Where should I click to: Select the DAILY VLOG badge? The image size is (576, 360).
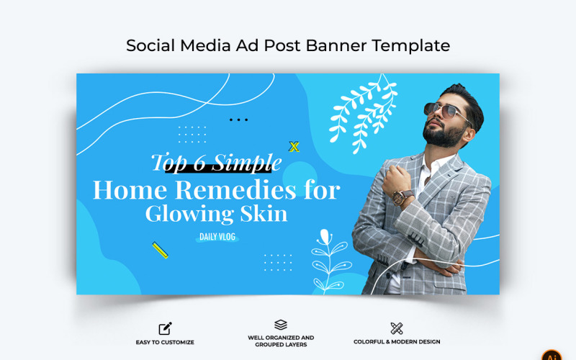(x=217, y=237)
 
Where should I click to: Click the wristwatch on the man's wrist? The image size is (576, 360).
(x=404, y=196)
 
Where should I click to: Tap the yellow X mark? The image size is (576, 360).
(x=294, y=147)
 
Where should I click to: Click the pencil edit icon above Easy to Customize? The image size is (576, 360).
(x=165, y=329)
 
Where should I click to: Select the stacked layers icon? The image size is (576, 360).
(x=281, y=325)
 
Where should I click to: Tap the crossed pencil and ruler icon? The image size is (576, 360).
(x=397, y=328)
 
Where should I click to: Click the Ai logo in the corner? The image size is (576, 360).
(x=552, y=356)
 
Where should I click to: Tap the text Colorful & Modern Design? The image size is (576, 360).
(x=397, y=342)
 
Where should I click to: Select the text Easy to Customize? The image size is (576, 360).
(x=165, y=342)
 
